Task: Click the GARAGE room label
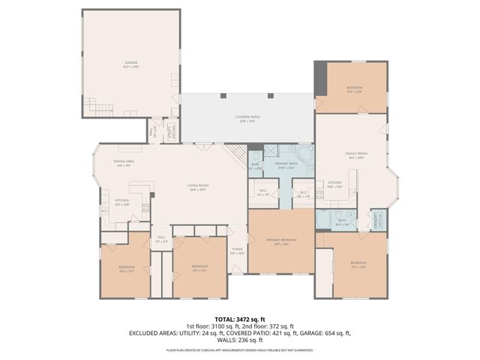pyautogui.click(x=131, y=63)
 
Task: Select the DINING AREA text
pyautogui.click(x=124, y=163)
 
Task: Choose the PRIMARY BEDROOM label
pyautogui.click(x=281, y=241)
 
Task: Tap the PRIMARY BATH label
pyautogui.click(x=286, y=165)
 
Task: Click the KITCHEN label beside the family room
pyautogui.click(x=335, y=184)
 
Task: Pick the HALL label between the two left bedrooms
pyautogui.click(x=160, y=240)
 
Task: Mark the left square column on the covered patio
pyautogui.click(x=223, y=95)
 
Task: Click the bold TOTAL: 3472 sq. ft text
pyautogui.click(x=239, y=319)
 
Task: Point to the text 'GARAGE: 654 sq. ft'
pyautogui.click(x=324, y=332)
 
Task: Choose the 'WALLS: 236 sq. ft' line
pyautogui.click(x=239, y=339)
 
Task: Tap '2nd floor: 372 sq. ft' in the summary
pyautogui.click(x=273, y=326)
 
